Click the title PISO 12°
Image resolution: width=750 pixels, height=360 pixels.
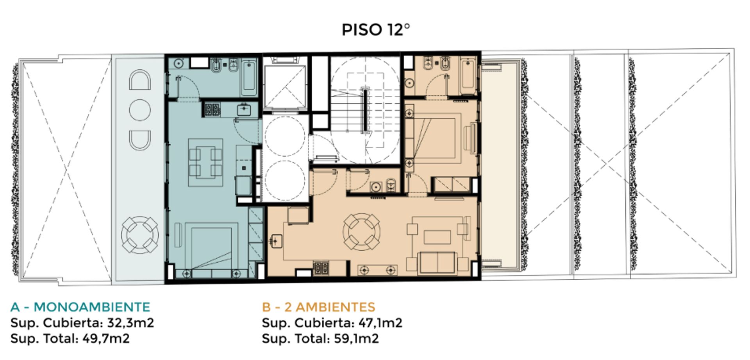(376, 30)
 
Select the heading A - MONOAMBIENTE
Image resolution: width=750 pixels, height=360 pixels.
(80, 307)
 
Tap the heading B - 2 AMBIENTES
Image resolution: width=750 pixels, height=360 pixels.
(318, 307)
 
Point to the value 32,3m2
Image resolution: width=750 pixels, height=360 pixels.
(130, 323)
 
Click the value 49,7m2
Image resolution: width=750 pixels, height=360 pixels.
(106, 339)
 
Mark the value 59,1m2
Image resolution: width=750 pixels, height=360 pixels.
(356, 339)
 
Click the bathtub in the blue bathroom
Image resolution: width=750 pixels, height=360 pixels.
(249, 77)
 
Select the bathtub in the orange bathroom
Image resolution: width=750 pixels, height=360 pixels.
(468, 76)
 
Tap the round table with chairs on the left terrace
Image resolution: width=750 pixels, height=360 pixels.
(139, 235)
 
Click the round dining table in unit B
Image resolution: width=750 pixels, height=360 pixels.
(361, 232)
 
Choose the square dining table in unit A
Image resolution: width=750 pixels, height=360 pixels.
(205, 162)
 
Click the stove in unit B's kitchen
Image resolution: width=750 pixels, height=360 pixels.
(321, 267)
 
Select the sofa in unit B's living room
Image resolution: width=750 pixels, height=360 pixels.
(437, 263)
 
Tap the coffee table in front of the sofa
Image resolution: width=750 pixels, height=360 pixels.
(437, 237)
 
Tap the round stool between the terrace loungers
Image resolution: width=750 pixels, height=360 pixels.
(139, 110)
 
